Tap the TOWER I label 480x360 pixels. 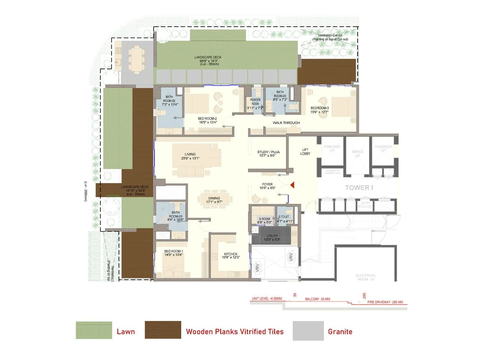359,188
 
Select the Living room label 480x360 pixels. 190,156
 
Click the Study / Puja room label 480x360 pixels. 268,154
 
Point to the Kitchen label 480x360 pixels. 230,256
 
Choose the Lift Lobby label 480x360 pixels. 305,151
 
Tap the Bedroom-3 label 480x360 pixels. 319,110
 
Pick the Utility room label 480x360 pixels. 272,238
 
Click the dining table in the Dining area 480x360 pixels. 215,199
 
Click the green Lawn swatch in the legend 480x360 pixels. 94,330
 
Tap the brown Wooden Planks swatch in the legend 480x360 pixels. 163,330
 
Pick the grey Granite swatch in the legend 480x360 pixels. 308,331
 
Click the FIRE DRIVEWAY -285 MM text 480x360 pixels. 385,302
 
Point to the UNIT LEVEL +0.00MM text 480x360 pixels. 267,299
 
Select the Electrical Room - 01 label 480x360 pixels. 365,277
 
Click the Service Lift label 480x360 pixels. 357,154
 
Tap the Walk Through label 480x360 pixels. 286,123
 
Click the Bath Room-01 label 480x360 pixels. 175,216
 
